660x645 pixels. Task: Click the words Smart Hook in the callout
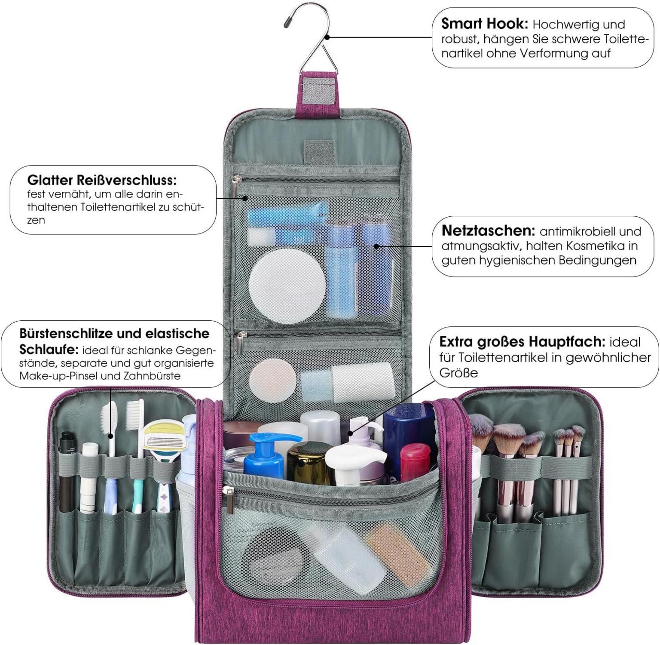click(484, 24)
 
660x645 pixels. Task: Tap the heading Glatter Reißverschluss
click(101, 180)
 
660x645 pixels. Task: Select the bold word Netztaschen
click(488, 231)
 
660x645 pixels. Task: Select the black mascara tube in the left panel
click(66, 471)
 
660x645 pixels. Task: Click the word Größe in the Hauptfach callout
click(458, 372)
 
